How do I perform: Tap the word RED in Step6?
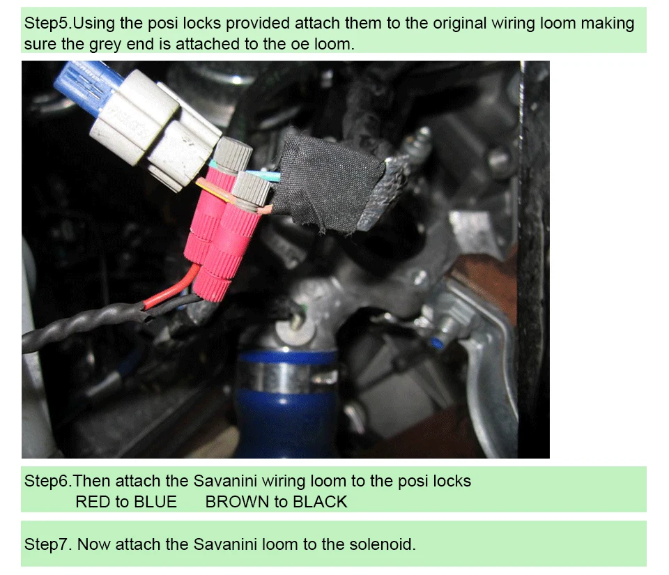click(92, 502)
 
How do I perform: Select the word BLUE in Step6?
click(155, 502)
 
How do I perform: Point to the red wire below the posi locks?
click(171, 286)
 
